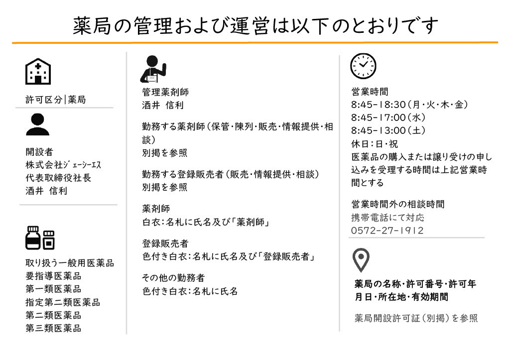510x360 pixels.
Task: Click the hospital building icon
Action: point(38,72)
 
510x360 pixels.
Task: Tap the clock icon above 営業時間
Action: point(363,66)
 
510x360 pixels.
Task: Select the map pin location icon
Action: point(361,260)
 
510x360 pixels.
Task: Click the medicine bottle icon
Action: point(40,238)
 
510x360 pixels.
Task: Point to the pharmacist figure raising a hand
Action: point(153,69)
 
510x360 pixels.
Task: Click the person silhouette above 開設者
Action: point(38,124)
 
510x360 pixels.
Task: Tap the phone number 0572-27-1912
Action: point(387,231)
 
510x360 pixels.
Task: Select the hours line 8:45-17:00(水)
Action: point(388,118)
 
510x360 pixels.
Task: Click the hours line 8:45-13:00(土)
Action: point(388,130)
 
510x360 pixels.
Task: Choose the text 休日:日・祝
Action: point(375,144)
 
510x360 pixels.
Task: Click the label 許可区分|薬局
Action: point(56,100)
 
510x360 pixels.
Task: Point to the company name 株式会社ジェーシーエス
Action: point(63,165)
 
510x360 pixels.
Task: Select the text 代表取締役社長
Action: point(58,178)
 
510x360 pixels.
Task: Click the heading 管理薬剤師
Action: point(165,92)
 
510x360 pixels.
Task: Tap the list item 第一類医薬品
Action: point(53,289)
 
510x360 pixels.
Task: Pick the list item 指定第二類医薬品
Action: point(63,302)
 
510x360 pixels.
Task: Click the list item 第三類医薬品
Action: point(53,328)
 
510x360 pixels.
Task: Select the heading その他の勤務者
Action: point(173,278)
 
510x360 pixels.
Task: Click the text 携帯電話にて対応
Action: point(387,217)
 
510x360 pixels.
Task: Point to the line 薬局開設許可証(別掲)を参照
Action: point(416,318)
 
